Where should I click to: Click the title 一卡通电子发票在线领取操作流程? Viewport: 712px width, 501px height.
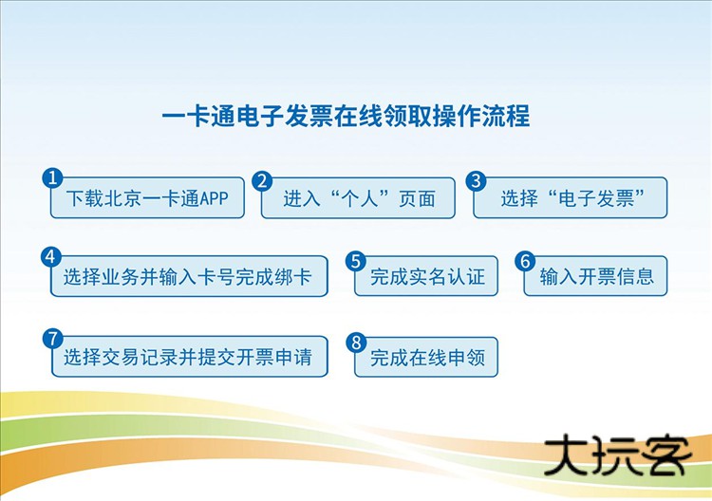(x=346, y=117)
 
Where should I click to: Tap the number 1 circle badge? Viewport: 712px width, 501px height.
(x=53, y=179)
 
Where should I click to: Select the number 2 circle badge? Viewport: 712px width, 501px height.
(x=263, y=180)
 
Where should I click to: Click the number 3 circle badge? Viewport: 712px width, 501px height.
(x=477, y=180)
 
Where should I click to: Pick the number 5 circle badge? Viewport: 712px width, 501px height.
(x=357, y=260)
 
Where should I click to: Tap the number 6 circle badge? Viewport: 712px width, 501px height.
(x=526, y=260)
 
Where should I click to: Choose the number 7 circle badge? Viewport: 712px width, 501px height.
(x=53, y=339)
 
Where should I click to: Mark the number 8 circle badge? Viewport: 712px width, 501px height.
(x=357, y=341)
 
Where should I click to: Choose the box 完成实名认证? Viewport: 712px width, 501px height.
(x=427, y=278)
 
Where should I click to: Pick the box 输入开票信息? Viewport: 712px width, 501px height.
(x=596, y=278)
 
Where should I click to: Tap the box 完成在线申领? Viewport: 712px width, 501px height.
(x=427, y=359)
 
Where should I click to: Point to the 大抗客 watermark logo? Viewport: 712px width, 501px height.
(x=617, y=456)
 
